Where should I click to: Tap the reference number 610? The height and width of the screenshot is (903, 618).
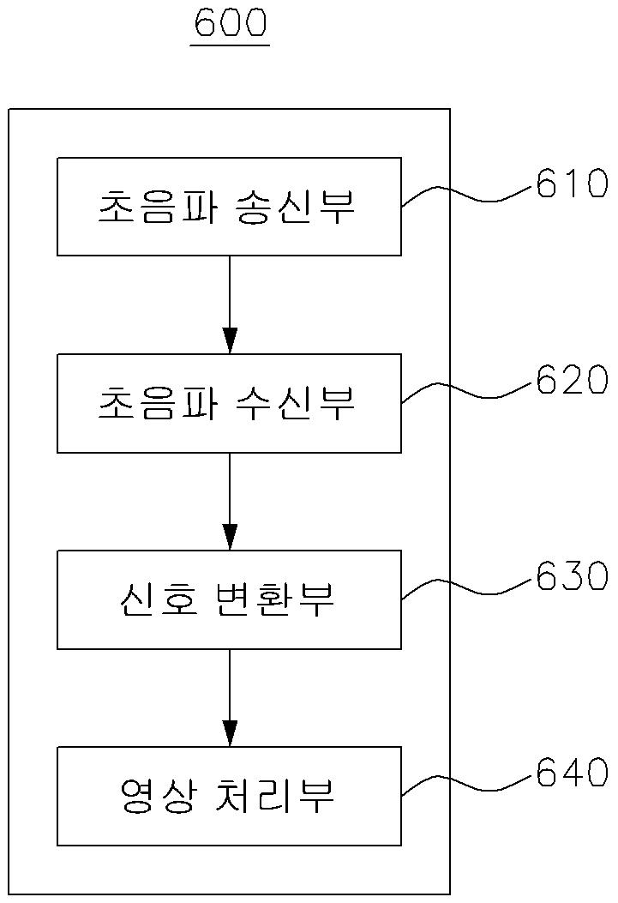coord(572,184)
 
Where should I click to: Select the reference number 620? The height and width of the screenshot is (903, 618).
coord(572,381)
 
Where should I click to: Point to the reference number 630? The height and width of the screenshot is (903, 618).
coord(572,577)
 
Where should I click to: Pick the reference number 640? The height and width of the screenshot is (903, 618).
coord(572,774)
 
